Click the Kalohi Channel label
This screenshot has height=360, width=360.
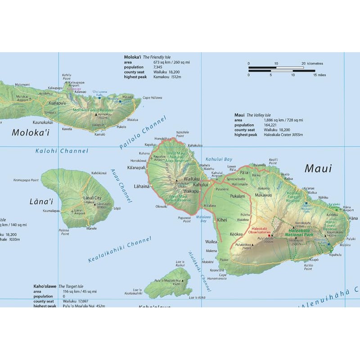tap(62, 151)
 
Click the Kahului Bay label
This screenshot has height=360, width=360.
tap(219, 159)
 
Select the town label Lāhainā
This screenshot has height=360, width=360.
tap(141, 186)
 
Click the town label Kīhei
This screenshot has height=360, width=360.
tap(222, 220)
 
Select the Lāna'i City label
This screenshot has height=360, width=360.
tap(92, 198)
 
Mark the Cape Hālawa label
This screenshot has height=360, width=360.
tap(153, 98)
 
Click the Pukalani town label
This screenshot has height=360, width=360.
tap(237, 196)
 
